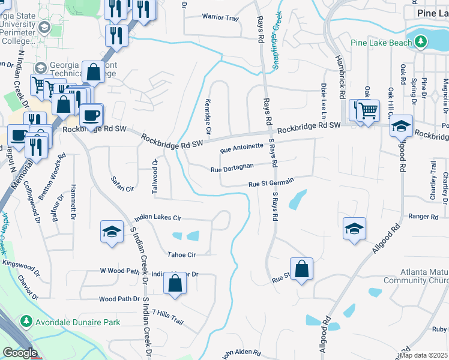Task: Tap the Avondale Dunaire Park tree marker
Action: point(26,322)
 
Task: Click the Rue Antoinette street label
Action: point(241,148)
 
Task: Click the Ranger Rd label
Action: point(424,217)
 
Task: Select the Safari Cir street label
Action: point(121,184)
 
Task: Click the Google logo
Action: point(20,353)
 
